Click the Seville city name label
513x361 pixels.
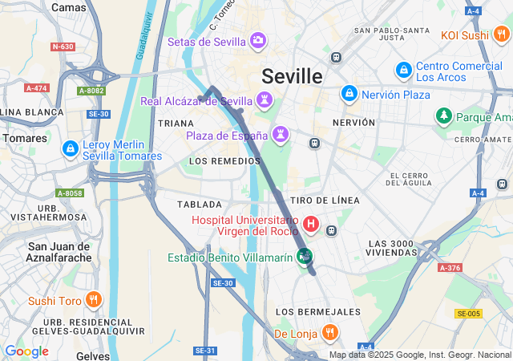(292, 76)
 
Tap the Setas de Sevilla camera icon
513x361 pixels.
(258, 40)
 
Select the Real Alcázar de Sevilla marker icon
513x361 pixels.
(265, 101)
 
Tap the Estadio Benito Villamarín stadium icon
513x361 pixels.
(305, 257)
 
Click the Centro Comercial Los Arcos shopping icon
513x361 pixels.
(404, 71)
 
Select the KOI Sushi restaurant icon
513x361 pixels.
(501, 34)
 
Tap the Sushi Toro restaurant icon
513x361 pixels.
(94, 301)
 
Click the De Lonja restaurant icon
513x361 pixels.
(329, 332)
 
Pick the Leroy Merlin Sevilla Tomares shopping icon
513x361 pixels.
(71, 148)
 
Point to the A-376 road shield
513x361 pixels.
(450, 268)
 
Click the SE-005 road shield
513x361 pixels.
(467, 313)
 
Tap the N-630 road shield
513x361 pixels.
(63, 47)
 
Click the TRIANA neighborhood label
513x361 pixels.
(176, 124)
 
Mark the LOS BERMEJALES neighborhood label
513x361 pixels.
(317, 311)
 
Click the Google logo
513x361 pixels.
(26, 351)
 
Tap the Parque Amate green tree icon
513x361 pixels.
(443, 117)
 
